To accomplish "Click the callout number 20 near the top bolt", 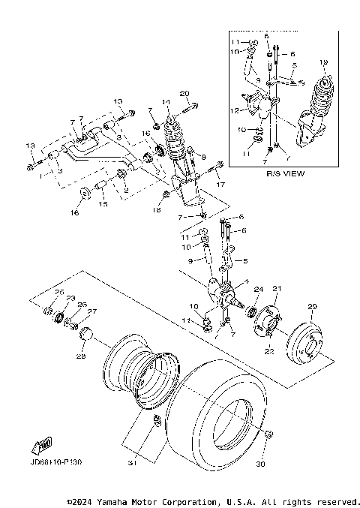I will [x=184, y=93].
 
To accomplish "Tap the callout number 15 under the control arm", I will [x=104, y=203].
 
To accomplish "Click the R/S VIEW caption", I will [x=283, y=173].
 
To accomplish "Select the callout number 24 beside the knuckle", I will [x=258, y=289].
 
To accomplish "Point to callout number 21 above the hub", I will [x=276, y=289].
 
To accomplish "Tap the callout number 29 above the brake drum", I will [x=313, y=306].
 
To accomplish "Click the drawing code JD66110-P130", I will [x=56, y=463].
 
